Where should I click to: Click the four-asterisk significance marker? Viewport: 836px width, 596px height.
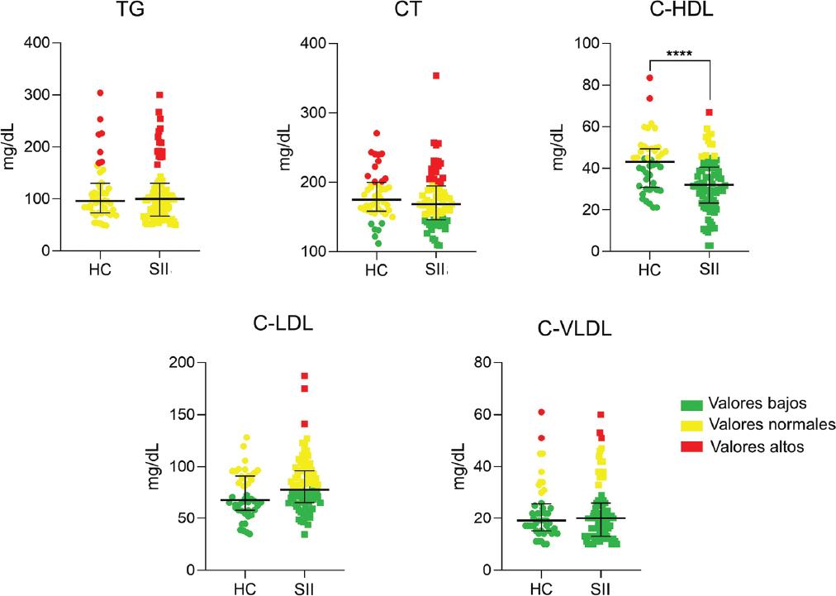679,55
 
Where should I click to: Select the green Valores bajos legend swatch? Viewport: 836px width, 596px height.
692,403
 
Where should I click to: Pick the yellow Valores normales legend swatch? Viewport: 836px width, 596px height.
692,425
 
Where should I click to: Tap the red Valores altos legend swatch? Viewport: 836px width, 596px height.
692,446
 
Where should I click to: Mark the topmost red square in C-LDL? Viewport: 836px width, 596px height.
304,376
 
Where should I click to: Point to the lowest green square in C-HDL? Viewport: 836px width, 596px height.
709,245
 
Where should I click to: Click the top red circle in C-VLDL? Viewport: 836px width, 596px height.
542,412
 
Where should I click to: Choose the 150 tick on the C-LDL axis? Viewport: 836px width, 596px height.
192,414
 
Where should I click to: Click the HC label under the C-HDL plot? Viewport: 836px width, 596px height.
650,269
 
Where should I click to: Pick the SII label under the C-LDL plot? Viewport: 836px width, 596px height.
304,589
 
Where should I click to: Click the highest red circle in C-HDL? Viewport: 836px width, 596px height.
650,78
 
